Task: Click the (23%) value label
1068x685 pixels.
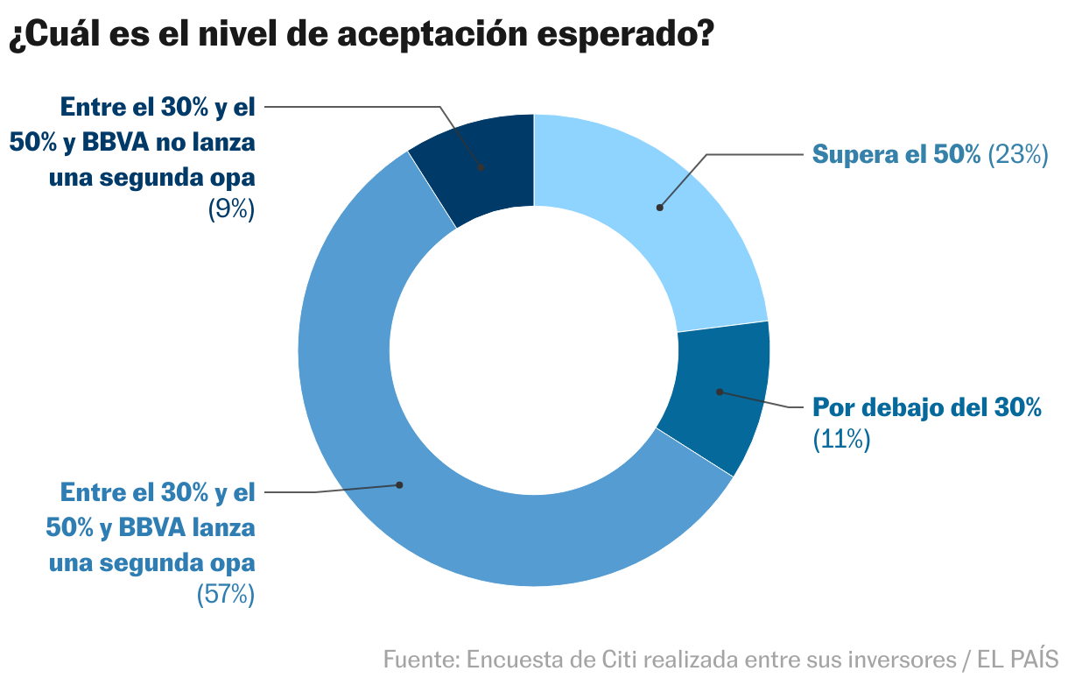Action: pos(1017,155)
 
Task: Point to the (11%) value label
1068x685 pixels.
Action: pos(841,439)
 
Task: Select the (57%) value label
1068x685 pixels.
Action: pos(226,595)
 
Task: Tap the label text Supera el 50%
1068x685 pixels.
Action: pos(896,155)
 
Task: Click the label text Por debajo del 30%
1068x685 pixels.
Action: pos(927,407)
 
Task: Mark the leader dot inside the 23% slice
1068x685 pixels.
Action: pos(659,208)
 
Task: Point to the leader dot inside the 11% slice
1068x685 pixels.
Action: pos(719,392)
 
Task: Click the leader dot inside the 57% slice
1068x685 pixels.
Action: pos(400,484)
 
